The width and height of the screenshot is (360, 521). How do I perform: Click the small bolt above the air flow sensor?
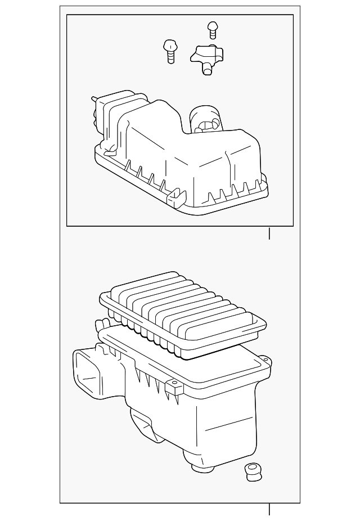point(212,28)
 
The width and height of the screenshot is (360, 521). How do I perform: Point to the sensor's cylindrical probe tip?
point(208,70)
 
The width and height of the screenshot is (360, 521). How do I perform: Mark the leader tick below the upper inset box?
point(269,233)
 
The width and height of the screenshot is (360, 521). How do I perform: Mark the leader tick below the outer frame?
point(269,509)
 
